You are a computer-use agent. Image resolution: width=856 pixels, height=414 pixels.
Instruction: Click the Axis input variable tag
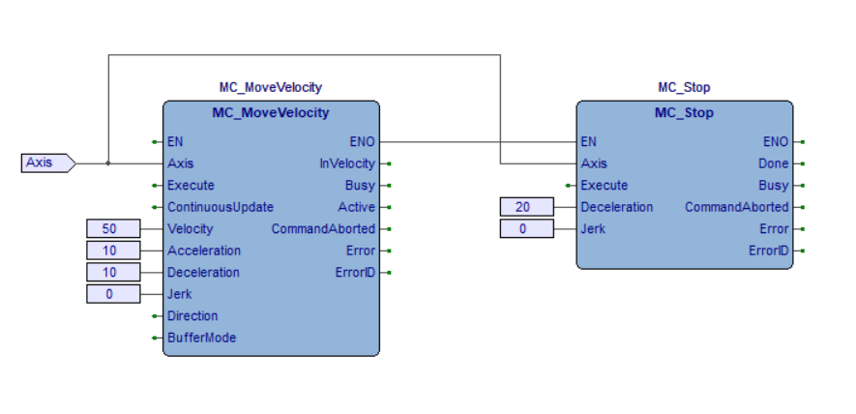[45, 163]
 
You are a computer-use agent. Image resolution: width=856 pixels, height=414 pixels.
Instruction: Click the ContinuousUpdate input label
[221, 207]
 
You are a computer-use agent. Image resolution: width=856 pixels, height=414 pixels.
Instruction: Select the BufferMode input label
[202, 338]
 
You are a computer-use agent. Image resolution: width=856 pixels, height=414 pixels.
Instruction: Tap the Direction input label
[192, 315]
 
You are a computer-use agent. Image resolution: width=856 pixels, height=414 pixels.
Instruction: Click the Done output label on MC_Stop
[773, 163]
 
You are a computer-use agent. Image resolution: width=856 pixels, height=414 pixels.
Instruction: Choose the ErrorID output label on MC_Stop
[768, 251]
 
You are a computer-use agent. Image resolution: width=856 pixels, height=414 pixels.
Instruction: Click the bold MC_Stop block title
[684, 113]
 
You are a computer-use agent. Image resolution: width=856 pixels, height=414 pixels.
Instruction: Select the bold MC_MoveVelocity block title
[271, 113]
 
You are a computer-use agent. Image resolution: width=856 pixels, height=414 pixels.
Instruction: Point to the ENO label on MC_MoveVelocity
[362, 141]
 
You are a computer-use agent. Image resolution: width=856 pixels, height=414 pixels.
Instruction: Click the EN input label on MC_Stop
[589, 141]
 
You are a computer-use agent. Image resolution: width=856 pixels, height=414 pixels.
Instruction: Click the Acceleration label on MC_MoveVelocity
[204, 251]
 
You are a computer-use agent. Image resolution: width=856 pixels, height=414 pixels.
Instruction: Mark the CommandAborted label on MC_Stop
[736, 207]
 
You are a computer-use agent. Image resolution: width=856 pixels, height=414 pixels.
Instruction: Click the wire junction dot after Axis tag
[108, 163]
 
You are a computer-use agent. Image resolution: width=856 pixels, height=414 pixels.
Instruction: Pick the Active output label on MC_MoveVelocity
[356, 207]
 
